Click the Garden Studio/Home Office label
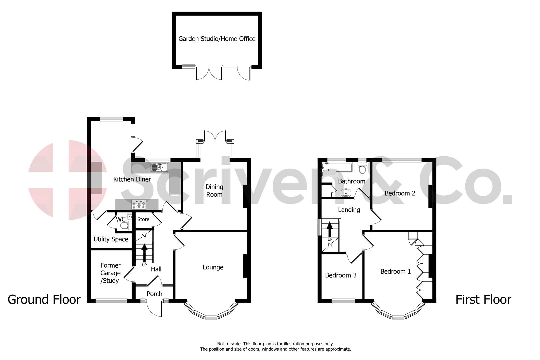(x=217, y=39)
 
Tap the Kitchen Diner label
(x=132, y=179)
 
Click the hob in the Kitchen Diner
(x=138, y=204)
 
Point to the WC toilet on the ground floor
(x=124, y=226)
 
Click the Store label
(x=143, y=219)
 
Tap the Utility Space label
(x=111, y=239)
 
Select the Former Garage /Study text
(x=110, y=273)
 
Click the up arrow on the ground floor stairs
(x=144, y=253)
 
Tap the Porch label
(x=154, y=294)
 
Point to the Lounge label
(x=213, y=267)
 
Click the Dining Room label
(x=214, y=191)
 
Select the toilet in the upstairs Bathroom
(x=362, y=168)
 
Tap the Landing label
(x=349, y=210)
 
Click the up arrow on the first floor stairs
(x=330, y=229)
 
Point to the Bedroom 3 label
(x=341, y=275)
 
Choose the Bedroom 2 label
(x=400, y=193)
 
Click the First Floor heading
(x=483, y=300)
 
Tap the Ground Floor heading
(x=44, y=300)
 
